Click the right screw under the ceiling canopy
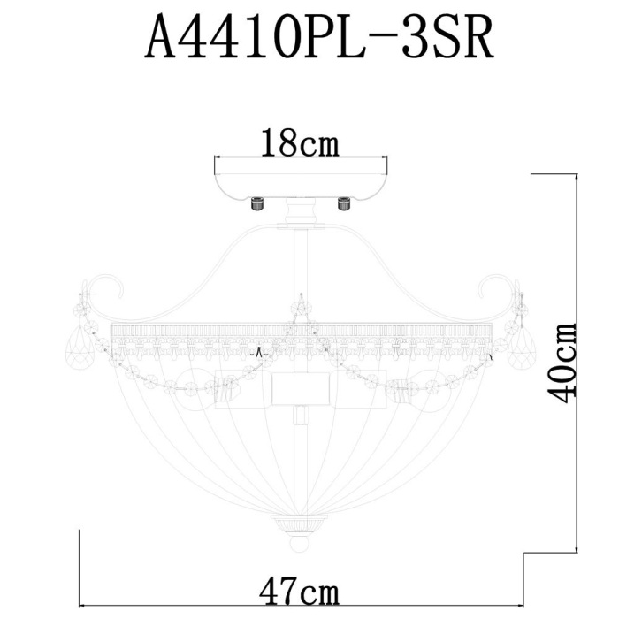click(343, 203)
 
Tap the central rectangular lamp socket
click(301, 388)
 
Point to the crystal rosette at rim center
click(301, 309)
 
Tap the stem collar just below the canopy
click(301, 214)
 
